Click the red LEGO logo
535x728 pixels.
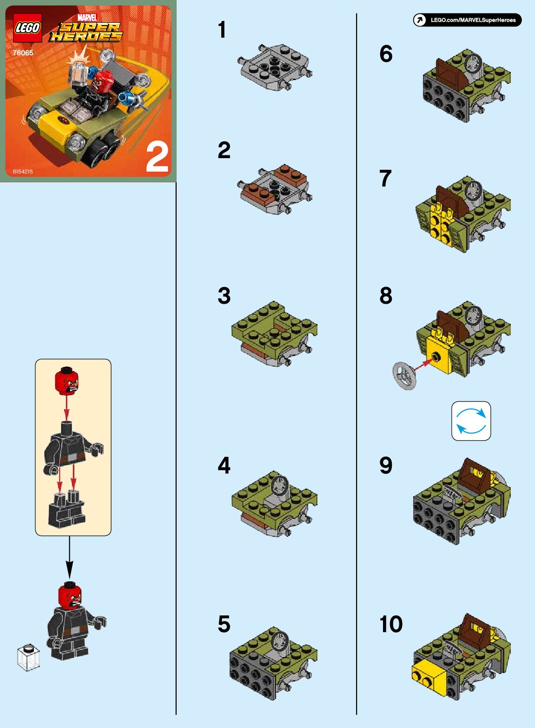pos(27,28)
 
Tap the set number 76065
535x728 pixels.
pos(23,53)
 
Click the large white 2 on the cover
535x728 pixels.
pos(157,158)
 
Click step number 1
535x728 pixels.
pos(222,30)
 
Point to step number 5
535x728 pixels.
pos(224,624)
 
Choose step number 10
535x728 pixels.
pos(391,624)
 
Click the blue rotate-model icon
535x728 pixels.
pos(471,421)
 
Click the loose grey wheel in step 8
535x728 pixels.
pos(404,376)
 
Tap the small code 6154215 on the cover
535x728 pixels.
pos(23,172)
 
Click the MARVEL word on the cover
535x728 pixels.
pos(87,17)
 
